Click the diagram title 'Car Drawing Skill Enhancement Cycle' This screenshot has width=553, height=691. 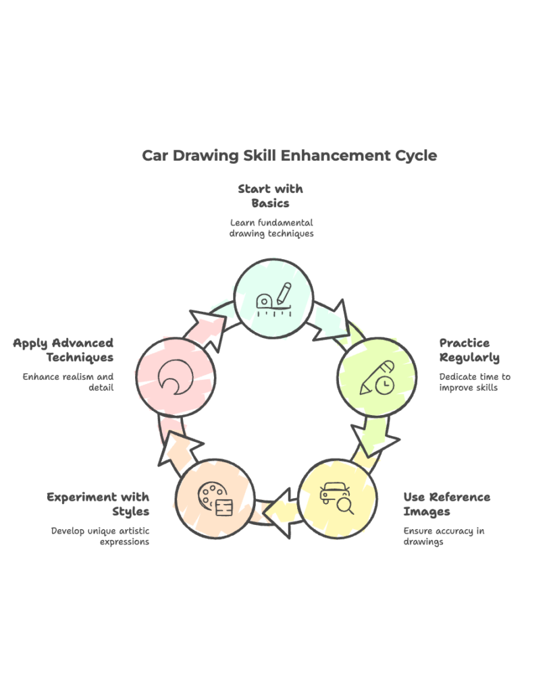coord(289,156)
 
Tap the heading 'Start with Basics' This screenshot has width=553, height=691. coord(270,196)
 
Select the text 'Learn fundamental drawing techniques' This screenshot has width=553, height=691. coord(271,228)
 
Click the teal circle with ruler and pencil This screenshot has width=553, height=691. coord(273,298)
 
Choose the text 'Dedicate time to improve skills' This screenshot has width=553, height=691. coord(475,382)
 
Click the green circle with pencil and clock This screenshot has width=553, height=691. coord(377,377)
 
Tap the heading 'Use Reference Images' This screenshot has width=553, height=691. coord(446,504)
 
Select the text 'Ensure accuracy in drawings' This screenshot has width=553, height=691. coord(444,536)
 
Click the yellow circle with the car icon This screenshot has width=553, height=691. coord(337,498)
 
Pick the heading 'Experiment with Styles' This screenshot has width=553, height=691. coord(98,504)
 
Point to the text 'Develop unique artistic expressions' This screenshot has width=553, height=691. coord(101,536)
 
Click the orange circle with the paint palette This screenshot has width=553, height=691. coord(215,498)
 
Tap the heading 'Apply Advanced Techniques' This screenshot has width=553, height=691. coord(63,350)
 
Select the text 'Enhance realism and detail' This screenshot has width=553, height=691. coord(68,382)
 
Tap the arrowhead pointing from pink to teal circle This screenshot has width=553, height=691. coord(206,324)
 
